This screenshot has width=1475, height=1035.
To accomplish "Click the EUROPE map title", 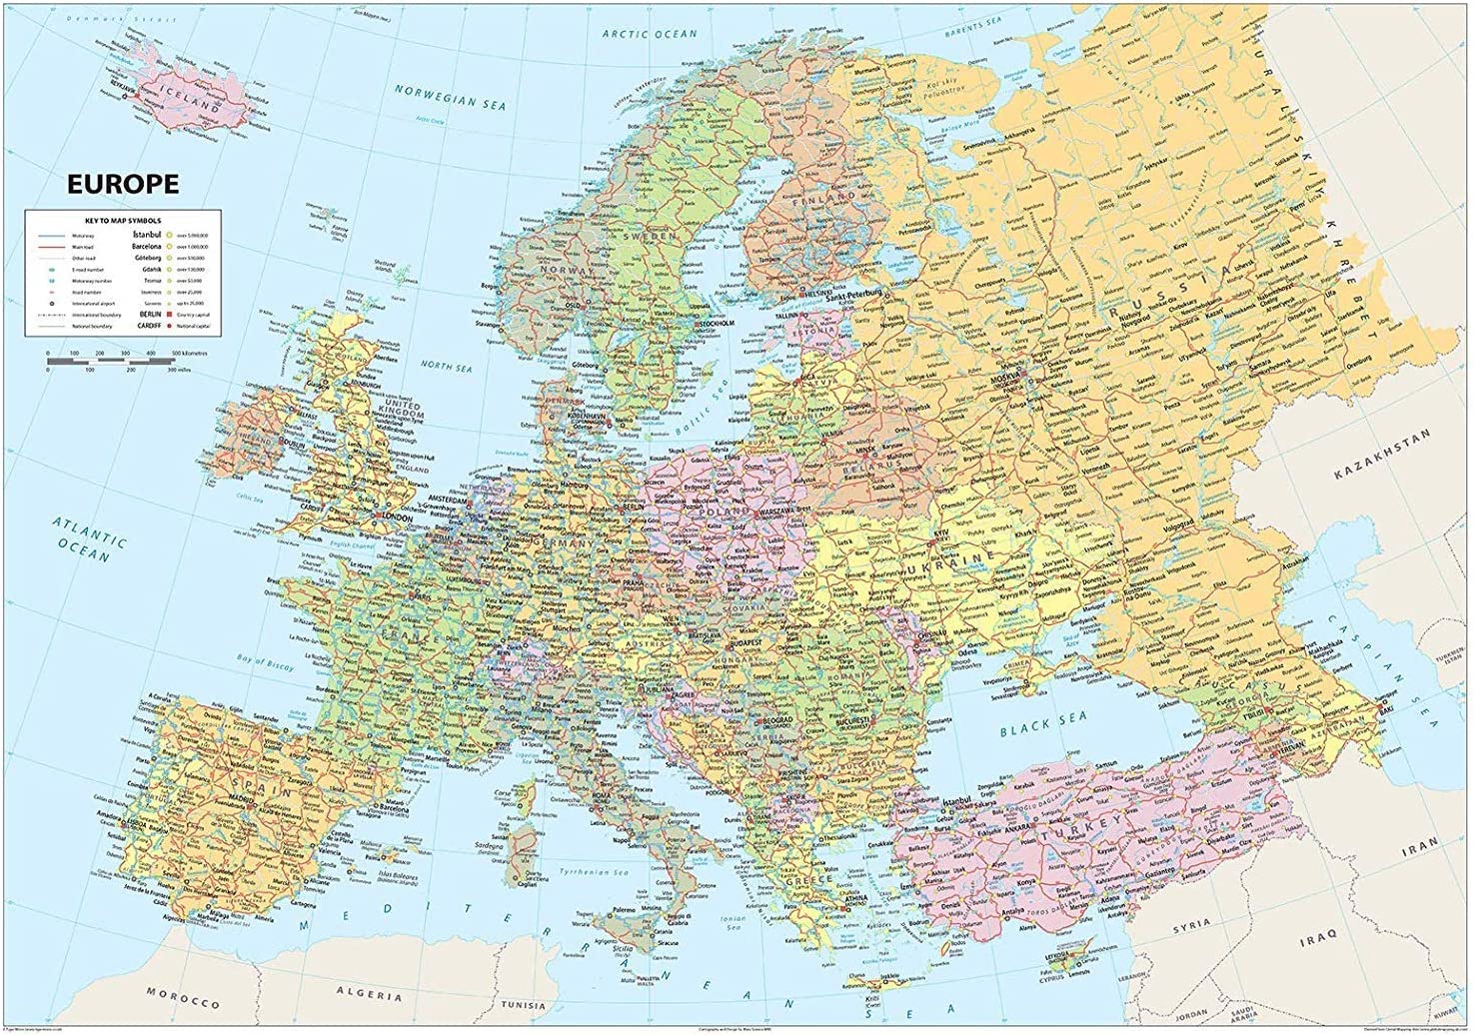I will tap(122, 184).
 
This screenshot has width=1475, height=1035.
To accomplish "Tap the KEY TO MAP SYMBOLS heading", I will tap(123, 220).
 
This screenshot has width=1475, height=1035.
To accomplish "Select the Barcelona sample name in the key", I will tap(143, 245).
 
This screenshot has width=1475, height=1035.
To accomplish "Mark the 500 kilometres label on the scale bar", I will tap(188, 354).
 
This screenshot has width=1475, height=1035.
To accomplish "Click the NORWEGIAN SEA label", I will tap(450, 97).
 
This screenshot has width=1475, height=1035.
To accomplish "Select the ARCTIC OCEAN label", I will tap(650, 34).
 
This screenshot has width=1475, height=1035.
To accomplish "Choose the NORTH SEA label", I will tap(446, 369).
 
